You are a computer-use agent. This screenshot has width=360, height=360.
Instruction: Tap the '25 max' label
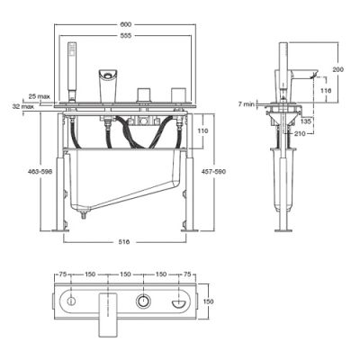pyautogui.click(x=38, y=95)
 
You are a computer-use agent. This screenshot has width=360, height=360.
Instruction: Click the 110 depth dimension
pyautogui.click(x=202, y=131)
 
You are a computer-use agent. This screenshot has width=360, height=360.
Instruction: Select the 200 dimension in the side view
pyautogui.click(x=337, y=68)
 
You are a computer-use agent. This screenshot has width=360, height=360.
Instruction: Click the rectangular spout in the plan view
pyautogui.click(x=107, y=310)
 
